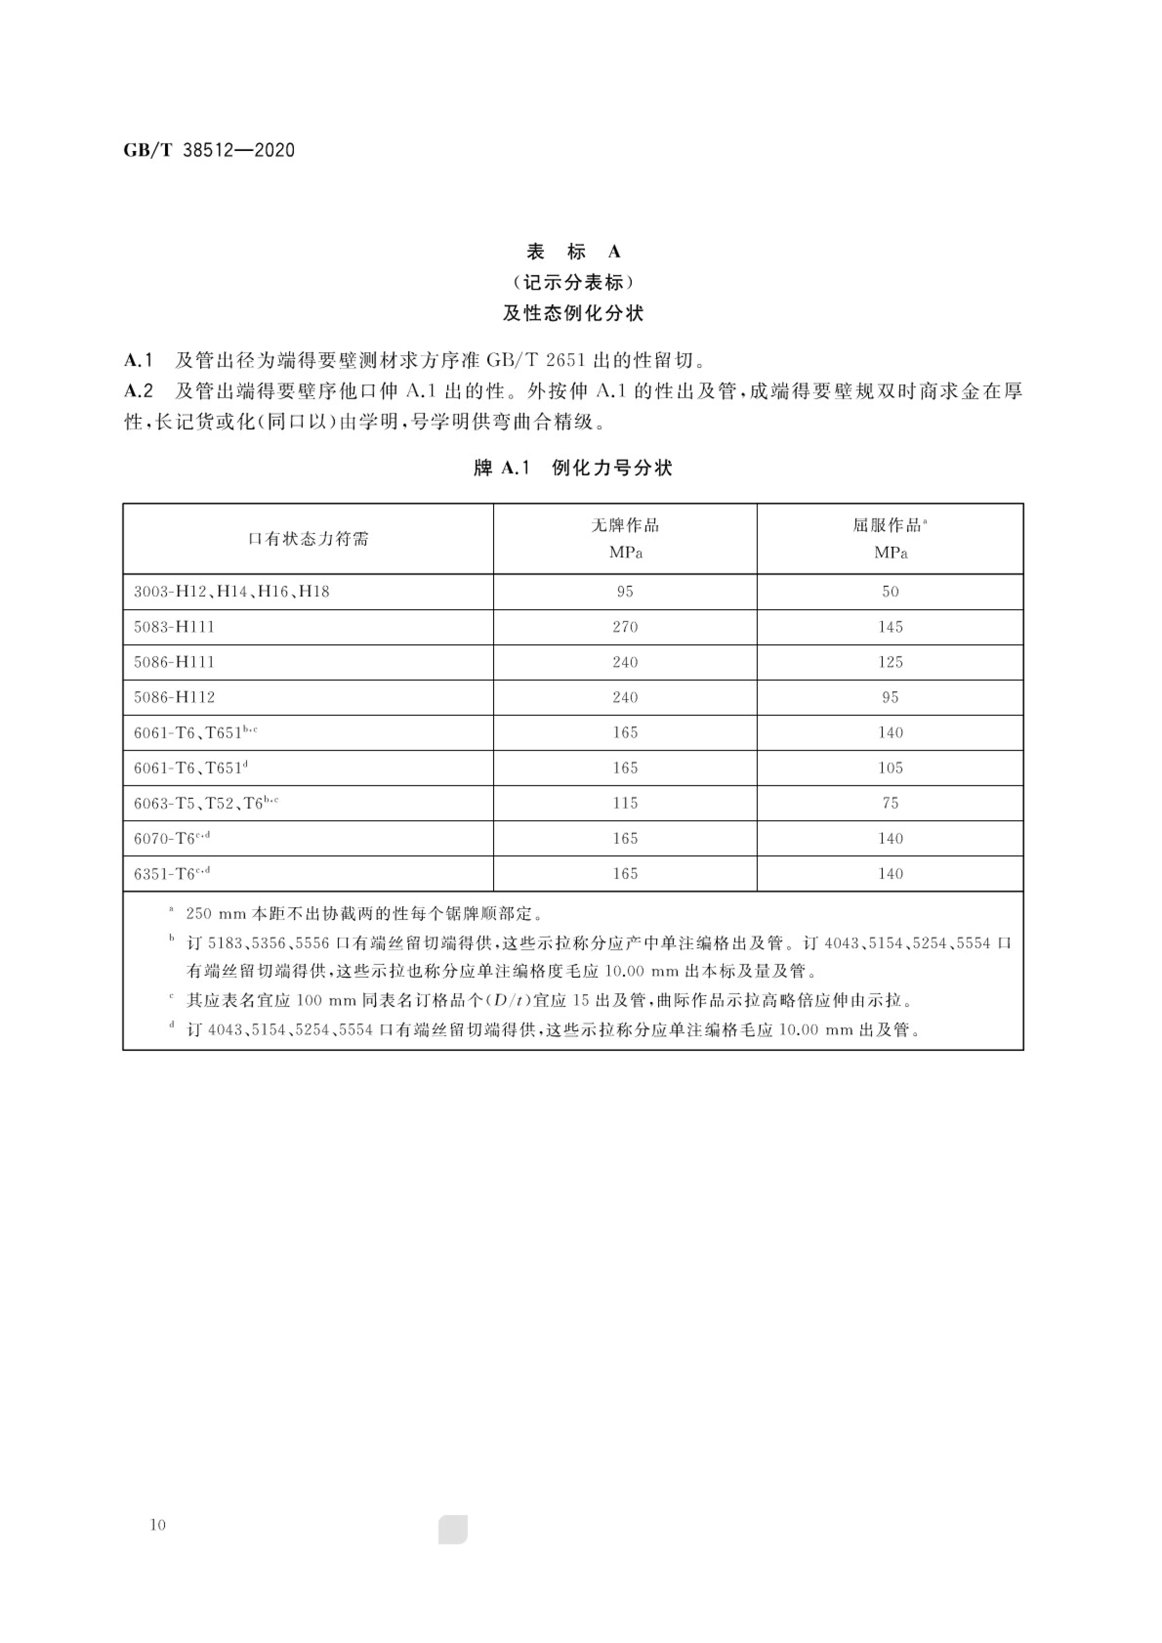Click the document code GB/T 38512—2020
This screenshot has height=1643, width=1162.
pos(209,150)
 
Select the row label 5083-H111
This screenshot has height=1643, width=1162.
pos(174,627)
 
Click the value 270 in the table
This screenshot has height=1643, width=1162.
pos(625,627)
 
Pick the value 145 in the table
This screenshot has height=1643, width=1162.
pos(890,627)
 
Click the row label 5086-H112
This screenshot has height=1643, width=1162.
pos(174,697)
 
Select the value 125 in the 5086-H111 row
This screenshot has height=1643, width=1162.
pos(890,662)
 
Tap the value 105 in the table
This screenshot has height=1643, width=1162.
pos(890,768)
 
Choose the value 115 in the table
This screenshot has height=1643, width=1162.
pos(625,803)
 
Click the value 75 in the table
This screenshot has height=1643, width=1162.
pos(890,803)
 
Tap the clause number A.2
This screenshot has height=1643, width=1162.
pos(138,391)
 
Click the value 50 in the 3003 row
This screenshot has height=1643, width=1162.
pos(890,592)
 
